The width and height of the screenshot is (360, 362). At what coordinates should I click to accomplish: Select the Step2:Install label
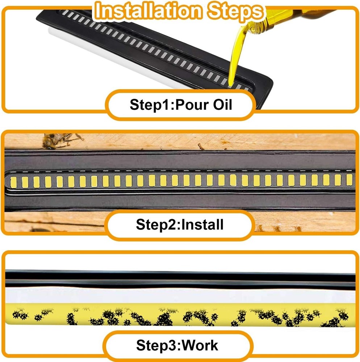180,224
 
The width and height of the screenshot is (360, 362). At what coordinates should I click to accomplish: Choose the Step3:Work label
177,345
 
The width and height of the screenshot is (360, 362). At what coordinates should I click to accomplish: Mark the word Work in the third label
200,345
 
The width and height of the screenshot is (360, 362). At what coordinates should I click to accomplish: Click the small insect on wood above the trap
200,146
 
